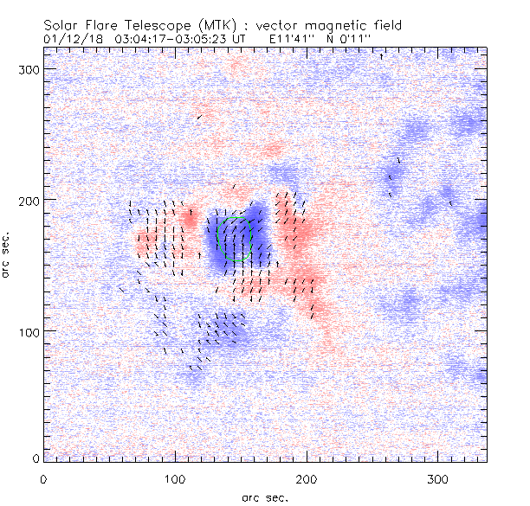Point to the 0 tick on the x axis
pos(43,477)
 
